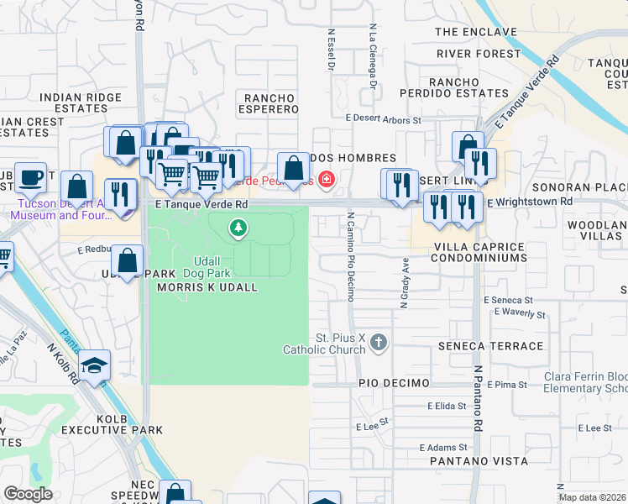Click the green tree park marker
click(x=239, y=227)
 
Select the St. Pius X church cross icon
click(x=379, y=342)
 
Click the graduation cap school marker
click(x=94, y=365)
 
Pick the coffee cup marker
click(x=31, y=178)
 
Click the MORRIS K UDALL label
click(x=207, y=287)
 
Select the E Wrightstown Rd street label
click(x=529, y=202)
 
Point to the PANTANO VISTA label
click(x=479, y=461)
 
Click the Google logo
click(x=28, y=494)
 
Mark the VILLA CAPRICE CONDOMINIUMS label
click(x=479, y=253)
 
